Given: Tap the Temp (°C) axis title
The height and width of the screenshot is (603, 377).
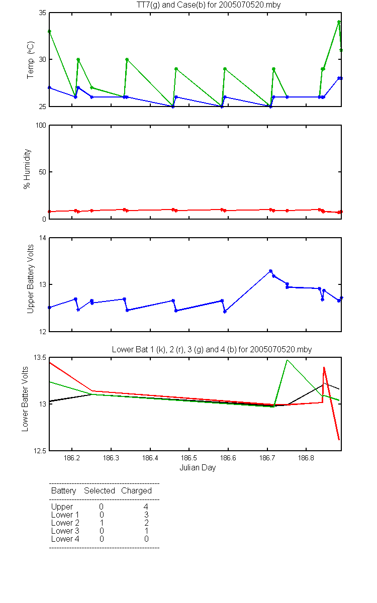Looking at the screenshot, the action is pyautogui.click(x=30, y=60).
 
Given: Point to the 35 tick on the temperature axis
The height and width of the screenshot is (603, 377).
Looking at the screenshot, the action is pyautogui.click(x=42, y=13).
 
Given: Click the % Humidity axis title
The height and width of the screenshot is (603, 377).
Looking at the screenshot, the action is pyautogui.click(x=27, y=169).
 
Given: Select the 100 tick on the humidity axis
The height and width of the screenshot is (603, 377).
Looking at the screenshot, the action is pyautogui.click(x=41, y=126).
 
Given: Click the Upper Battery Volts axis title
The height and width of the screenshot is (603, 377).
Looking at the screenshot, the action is pyautogui.click(x=30, y=279).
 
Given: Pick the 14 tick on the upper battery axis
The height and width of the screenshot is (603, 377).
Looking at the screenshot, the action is pyautogui.click(x=43, y=238).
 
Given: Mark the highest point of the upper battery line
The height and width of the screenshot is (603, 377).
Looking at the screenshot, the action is pyautogui.click(x=270, y=271).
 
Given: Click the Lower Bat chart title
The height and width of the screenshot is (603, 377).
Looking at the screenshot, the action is pyautogui.click(x=212, y=349).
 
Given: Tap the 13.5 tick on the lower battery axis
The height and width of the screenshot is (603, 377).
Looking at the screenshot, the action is pyautogui.click(x=40, y=357).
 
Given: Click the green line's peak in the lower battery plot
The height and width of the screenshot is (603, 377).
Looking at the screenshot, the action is pyautogui.click(x=288, y=360).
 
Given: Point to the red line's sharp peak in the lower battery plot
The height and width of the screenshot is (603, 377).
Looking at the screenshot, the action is pyautogui.click(x=324, y=367).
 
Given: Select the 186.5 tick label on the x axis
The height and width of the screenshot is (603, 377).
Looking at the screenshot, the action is pyautogui.click(x=189, y=458).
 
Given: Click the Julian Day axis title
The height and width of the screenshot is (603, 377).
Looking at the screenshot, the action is pyautogui.click(x=198, y=468).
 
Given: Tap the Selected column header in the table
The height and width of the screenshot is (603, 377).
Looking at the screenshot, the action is pyautogui.click(x=100, y=490).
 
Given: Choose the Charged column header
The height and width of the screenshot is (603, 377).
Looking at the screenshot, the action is pyautogui.click(x=136, y=491).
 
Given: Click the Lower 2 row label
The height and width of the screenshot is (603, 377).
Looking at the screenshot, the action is pyautogui.click(x=65, y=523).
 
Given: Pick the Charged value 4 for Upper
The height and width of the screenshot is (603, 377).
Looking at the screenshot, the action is pyautogui.click(x=146, y=507).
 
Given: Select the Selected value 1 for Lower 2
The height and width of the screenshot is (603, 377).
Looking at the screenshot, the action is pyautogui.click(x=102, y=523).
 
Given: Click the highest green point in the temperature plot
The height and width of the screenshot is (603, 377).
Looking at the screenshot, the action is pyautogui.click(x=339, y=22).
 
